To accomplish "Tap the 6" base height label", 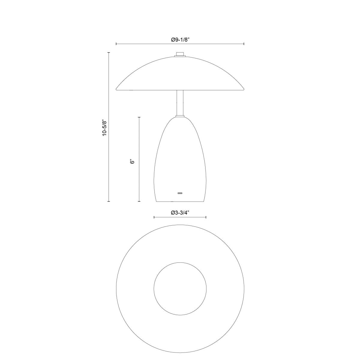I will [132, 161].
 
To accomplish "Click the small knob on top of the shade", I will [180, 54].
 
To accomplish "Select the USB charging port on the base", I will [180, 193].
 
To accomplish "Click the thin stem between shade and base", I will [180, 102].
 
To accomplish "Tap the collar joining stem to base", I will [180, 116].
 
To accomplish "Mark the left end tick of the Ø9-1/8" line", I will [116, 44].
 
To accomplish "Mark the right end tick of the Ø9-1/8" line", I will [244, 44].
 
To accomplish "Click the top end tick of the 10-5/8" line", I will [109, 52].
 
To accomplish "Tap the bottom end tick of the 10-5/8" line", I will [109, 202].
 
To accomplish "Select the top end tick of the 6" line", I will [139, 117].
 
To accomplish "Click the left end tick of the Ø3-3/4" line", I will [154, 217].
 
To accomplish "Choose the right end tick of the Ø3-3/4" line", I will [206, 217].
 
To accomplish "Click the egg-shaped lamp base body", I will [180, 159].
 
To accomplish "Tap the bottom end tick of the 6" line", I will [139, 202].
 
